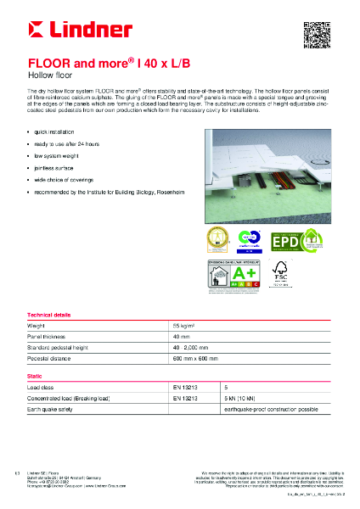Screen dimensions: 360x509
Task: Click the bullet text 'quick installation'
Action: [57, 133]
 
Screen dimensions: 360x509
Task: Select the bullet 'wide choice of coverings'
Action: [65, 181]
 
